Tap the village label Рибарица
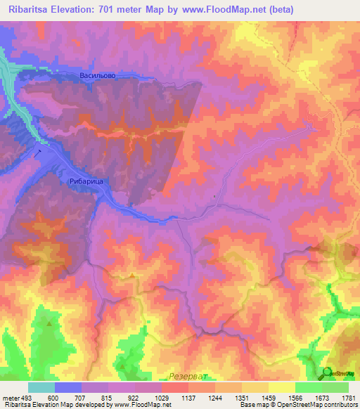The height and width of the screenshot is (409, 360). [x=87, y=181]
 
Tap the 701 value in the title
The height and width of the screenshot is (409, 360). [x=105, y=10]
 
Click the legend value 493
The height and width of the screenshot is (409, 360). [x=27, y=397]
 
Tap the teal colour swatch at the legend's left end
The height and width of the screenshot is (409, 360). [x=41, y=387]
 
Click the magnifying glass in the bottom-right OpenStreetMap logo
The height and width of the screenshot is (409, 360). [x=327, y=372]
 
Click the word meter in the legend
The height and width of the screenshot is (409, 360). [x=11, y=397]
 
